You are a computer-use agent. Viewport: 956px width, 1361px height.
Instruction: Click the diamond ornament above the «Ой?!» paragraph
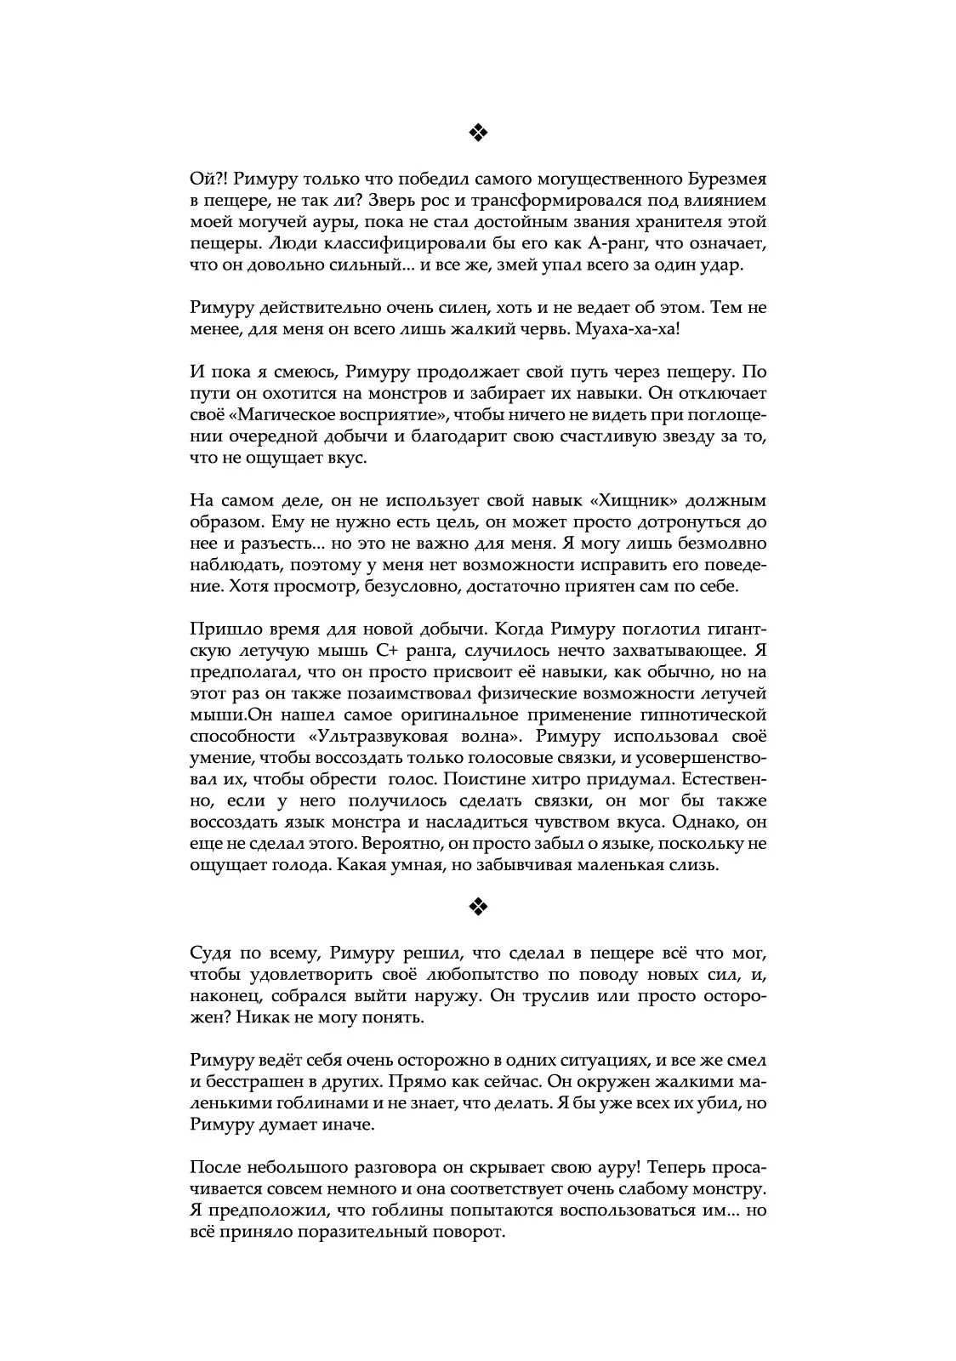pos(477,132)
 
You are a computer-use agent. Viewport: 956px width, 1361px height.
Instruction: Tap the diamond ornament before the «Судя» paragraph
pos(477,908)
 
